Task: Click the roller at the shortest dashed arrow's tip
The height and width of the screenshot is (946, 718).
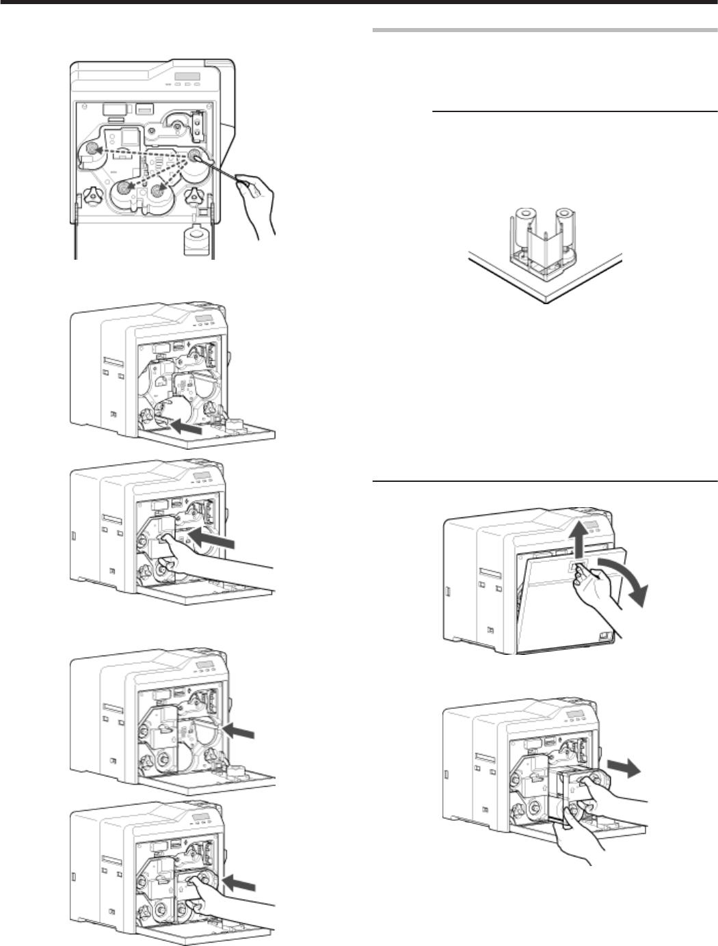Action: [158, 191]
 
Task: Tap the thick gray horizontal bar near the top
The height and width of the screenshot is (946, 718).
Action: [544, 31]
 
